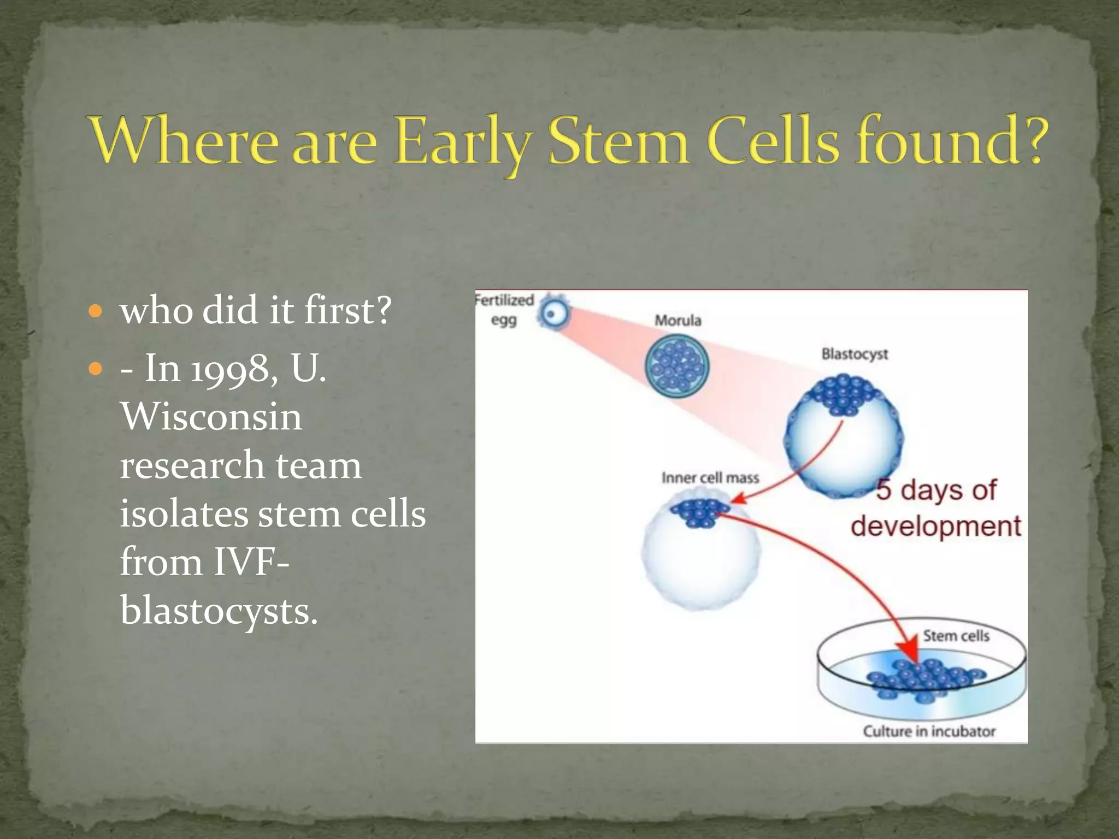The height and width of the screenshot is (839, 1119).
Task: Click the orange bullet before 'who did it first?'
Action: click(96, 312)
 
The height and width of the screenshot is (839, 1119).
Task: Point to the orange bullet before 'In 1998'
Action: click(96, 370)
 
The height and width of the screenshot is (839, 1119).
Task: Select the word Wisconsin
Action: click(211, 417)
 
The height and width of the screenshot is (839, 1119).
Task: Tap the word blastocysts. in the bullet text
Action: click(219, 611)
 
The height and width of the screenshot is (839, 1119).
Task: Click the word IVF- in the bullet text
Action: click(251, 562)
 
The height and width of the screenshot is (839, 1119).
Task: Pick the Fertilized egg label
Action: click(503, 310)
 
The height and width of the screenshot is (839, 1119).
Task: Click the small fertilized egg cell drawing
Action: click(552, 314)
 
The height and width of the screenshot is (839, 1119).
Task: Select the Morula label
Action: click(678, 321)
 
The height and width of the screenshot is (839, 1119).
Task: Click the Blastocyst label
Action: click(855, 354)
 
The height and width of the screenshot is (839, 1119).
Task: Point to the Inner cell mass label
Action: click(710, 478)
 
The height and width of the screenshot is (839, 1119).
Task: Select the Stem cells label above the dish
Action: click(956, 636)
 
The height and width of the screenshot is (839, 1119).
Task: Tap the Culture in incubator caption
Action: click(929, 731)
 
